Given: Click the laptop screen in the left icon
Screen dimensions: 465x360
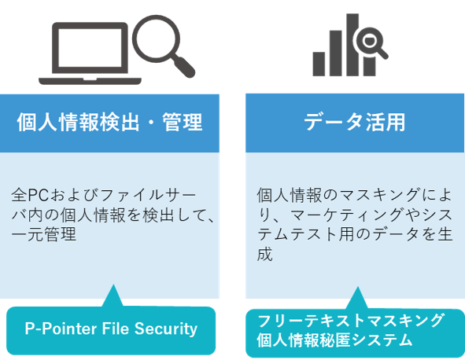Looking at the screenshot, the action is pos(90,48).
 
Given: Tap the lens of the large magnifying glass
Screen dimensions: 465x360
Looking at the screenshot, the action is pos(156,39).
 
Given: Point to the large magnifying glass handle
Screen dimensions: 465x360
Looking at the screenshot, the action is pos(184,67).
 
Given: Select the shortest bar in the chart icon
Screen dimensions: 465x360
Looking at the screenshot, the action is pos(319,64).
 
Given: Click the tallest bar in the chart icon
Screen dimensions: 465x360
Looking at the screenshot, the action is pos(352,45).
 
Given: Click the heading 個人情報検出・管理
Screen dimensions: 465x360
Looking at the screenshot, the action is pos(109,123).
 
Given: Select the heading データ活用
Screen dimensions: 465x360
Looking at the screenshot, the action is pos(355,122).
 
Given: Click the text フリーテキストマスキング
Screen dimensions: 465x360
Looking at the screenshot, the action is pos(351,321).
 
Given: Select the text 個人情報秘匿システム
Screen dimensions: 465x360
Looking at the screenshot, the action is pos(335,340).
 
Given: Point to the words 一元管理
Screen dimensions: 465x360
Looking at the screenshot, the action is pos(44,234).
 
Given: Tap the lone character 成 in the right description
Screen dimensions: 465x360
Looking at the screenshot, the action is pos(264,254).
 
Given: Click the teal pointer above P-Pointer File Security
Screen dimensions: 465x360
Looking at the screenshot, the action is pos(113,296).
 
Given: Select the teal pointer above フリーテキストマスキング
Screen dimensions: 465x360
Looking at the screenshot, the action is pos(357,298).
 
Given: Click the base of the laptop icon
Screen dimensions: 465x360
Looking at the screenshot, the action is pos(90,81).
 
